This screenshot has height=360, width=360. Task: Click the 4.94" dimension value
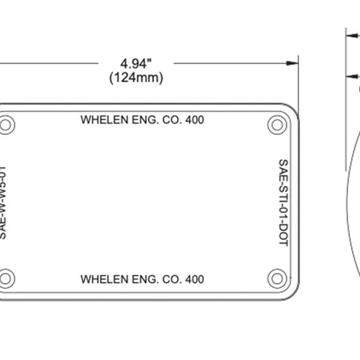click(x=136, y=64)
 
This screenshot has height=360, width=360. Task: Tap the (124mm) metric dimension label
click(x=136, y=78)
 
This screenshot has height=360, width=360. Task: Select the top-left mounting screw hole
click(x=7, y=125)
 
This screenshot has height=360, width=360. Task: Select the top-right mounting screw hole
click(x=277, y=125)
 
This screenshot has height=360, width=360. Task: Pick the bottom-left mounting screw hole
click(x=7, y=278)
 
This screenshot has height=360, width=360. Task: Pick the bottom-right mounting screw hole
click(x=277, y=278)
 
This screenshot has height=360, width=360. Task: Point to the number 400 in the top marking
click(x=195, y=120)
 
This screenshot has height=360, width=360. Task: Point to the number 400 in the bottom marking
click(x=195, y=280)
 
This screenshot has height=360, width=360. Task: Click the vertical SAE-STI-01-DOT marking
click(x=283, y=202)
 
